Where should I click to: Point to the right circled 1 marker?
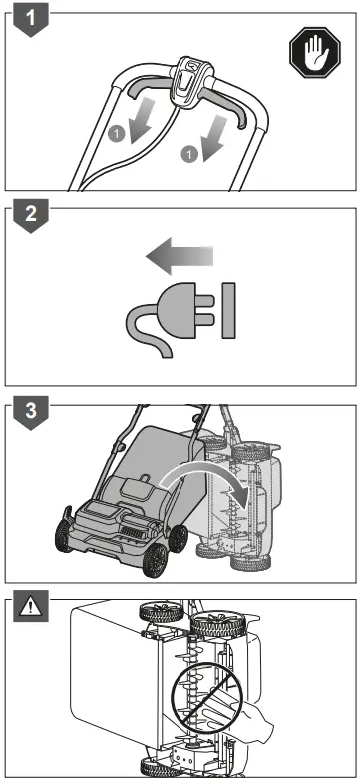tap(186, 153)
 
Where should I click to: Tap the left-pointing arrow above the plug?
tap(179, 257)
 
